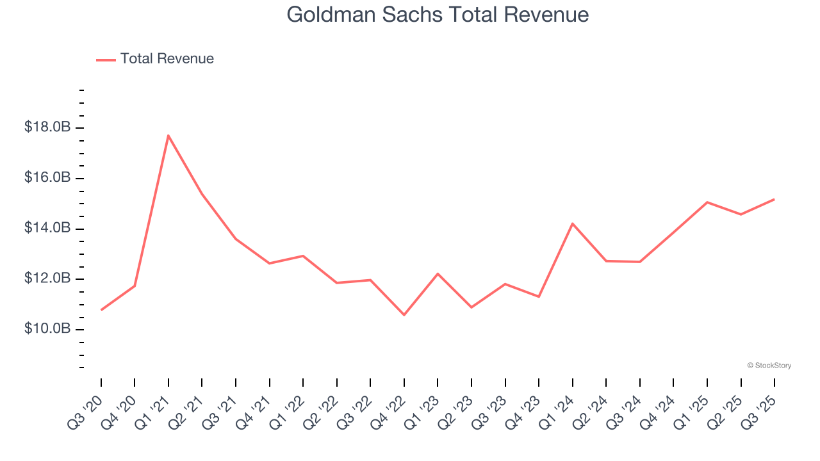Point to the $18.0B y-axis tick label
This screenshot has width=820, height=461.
47,127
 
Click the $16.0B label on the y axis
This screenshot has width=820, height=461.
47,177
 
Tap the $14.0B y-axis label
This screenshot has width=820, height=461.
47,228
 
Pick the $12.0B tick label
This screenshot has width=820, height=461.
47,279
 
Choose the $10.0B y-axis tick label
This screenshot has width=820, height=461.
47,328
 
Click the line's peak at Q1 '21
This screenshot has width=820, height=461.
168,135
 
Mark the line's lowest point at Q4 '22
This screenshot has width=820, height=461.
404,315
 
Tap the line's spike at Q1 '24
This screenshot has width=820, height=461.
572,223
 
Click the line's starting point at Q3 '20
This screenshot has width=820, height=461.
101,310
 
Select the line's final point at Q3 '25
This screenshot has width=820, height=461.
775,199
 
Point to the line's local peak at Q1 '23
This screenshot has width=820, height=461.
438,273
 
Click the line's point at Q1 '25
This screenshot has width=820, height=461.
707,202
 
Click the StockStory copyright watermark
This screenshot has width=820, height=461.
769,366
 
